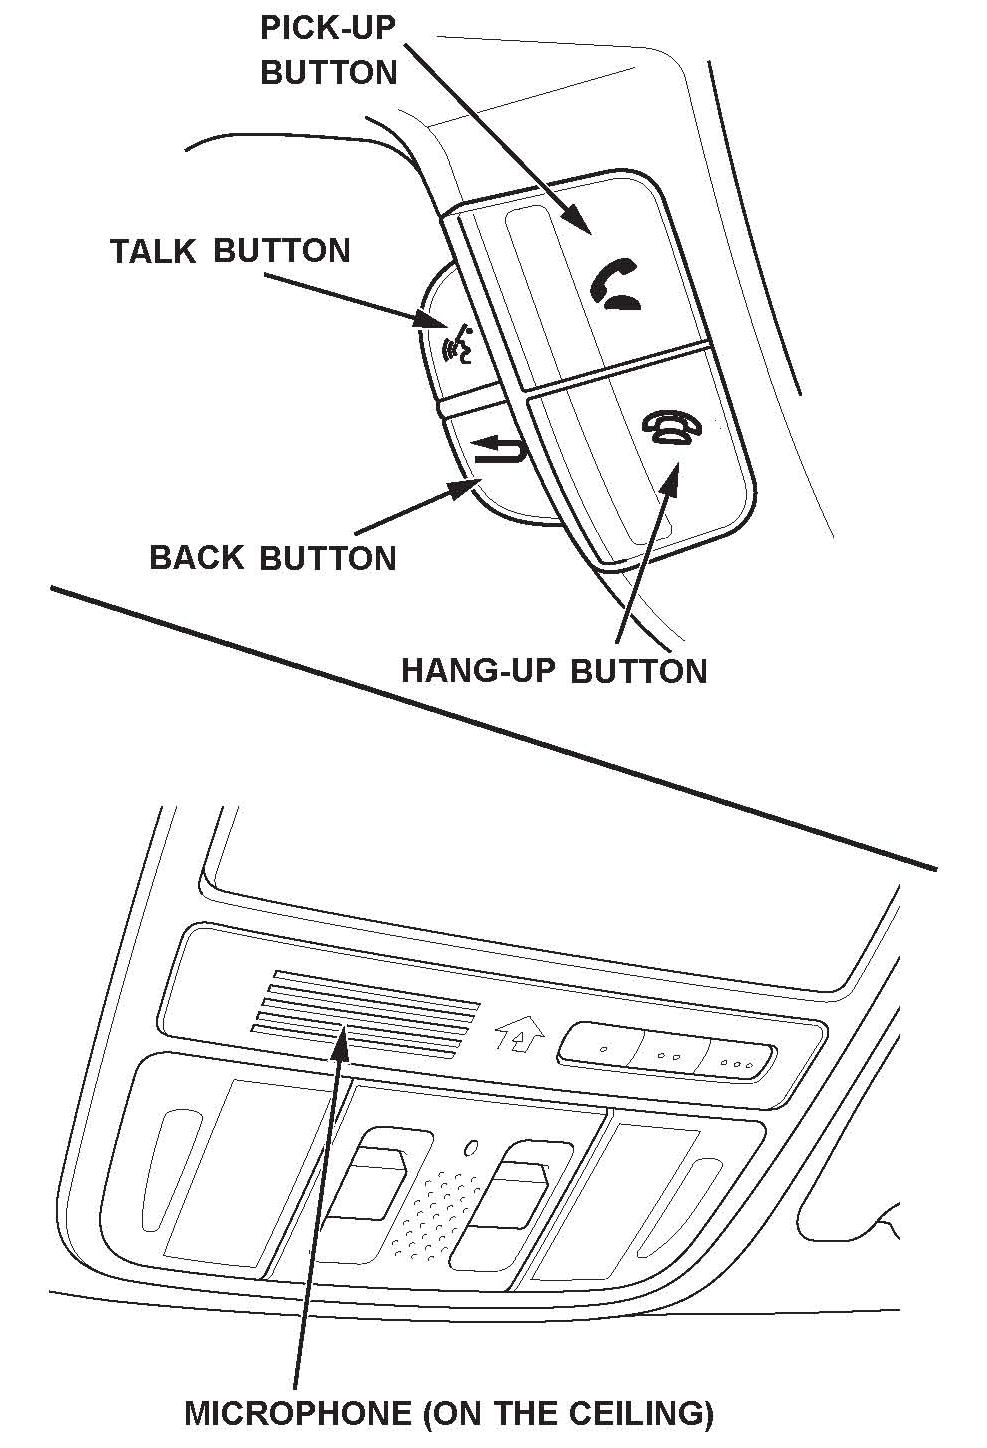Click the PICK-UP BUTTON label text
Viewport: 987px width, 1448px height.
click(328, 50)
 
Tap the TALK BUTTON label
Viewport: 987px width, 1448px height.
click(230, 250)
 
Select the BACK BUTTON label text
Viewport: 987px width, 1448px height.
click(272, 557)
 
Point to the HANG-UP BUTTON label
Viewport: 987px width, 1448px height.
click(554, 669)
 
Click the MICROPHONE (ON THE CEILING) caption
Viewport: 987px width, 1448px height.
click(449, 1413)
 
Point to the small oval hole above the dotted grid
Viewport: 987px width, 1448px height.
click(470, 1147)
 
